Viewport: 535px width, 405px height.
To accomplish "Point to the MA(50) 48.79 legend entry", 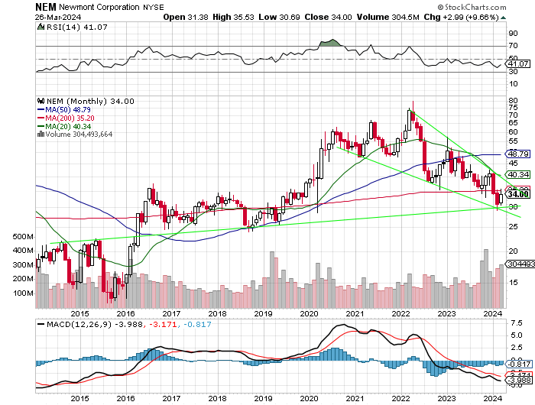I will click(x=66, y=109).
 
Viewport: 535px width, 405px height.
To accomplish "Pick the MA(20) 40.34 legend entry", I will click(x=66, y=125).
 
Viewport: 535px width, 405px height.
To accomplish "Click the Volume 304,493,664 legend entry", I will click(x=79, y=134).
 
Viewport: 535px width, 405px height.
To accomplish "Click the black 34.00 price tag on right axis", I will click(x=517, y=194).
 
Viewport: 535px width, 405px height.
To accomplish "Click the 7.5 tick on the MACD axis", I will click(x=515, y=324).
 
